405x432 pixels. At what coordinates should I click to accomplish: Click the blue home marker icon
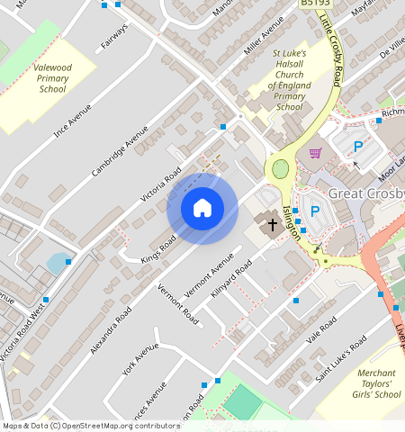click(x=202, y=209)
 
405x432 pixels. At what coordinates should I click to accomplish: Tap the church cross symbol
click(x=273, y=221)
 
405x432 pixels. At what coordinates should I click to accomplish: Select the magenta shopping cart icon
click(x=315, y=153)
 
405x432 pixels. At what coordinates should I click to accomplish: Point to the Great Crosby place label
click(x=366, y=193)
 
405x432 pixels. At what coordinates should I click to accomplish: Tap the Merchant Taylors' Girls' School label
click(x=376, y=383)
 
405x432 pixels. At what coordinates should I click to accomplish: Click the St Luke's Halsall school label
click(x=290, y=80)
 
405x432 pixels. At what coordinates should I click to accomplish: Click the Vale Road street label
click(x=320, y=329)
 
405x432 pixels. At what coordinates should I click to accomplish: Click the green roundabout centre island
click(x=281, y=167)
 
